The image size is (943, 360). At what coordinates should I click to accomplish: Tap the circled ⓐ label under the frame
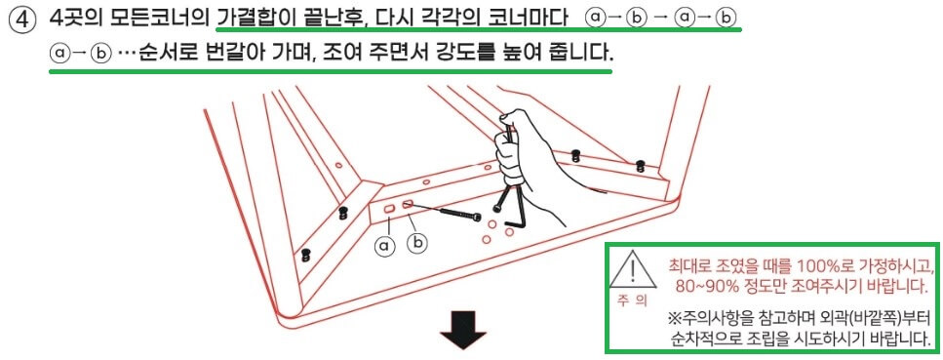[385, 247]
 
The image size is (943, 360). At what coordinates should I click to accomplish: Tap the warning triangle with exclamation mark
[634, 268]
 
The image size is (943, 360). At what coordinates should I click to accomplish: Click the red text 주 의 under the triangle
[633, 301]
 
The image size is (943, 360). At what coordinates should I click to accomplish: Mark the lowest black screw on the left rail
[305, 255]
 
